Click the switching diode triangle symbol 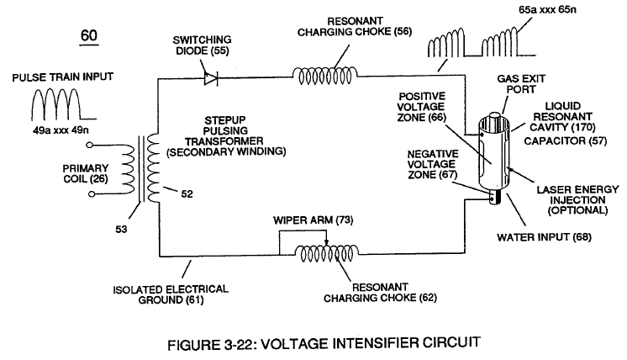210,78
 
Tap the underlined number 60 89,35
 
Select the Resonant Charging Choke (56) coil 324,75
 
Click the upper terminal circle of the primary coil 90,146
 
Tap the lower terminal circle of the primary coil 91,194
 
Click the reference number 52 187,194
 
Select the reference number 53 121,229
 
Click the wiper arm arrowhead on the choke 326,242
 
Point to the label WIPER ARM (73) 313,220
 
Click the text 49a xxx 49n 61,130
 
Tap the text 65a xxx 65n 547,9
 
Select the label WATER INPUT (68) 545,237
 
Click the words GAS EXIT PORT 521,84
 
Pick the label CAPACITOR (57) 566,140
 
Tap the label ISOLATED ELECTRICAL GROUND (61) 171,294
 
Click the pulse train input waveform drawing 64,105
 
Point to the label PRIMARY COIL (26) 86,173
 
